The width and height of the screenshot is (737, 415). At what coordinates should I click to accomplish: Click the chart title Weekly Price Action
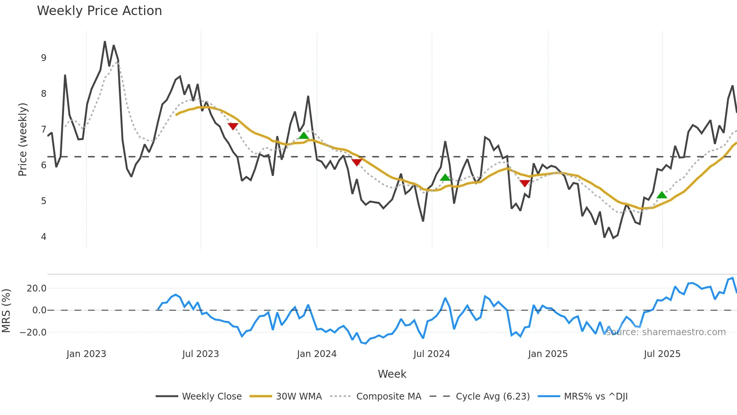tap(99, 11)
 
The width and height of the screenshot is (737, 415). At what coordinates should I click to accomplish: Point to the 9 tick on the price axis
tap(44, 58)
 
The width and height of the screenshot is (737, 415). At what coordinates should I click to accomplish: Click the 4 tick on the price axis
tap(44, 237)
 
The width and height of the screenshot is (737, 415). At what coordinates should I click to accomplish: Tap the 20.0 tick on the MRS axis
tap(36, 288)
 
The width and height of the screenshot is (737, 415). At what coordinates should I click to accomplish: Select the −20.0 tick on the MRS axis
tap(33, 333)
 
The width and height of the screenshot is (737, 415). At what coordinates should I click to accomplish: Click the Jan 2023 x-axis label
tap(86, 354)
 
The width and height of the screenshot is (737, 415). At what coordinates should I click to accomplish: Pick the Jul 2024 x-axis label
tap(431, 354)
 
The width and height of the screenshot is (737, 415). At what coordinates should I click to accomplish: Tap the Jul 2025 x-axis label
tap(662, 354)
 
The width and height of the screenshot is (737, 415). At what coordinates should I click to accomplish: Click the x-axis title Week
tap(392, 374)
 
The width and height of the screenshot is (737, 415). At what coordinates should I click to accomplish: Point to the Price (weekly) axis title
tap(23, 139)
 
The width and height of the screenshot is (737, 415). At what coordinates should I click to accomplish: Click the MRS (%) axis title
tap(6, 311)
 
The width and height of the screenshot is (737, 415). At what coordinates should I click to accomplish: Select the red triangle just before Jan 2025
tap(525, 183)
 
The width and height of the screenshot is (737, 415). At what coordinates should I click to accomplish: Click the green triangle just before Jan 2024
tap(303, 136)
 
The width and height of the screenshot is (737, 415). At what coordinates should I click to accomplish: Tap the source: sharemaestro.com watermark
tap(666, 332)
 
